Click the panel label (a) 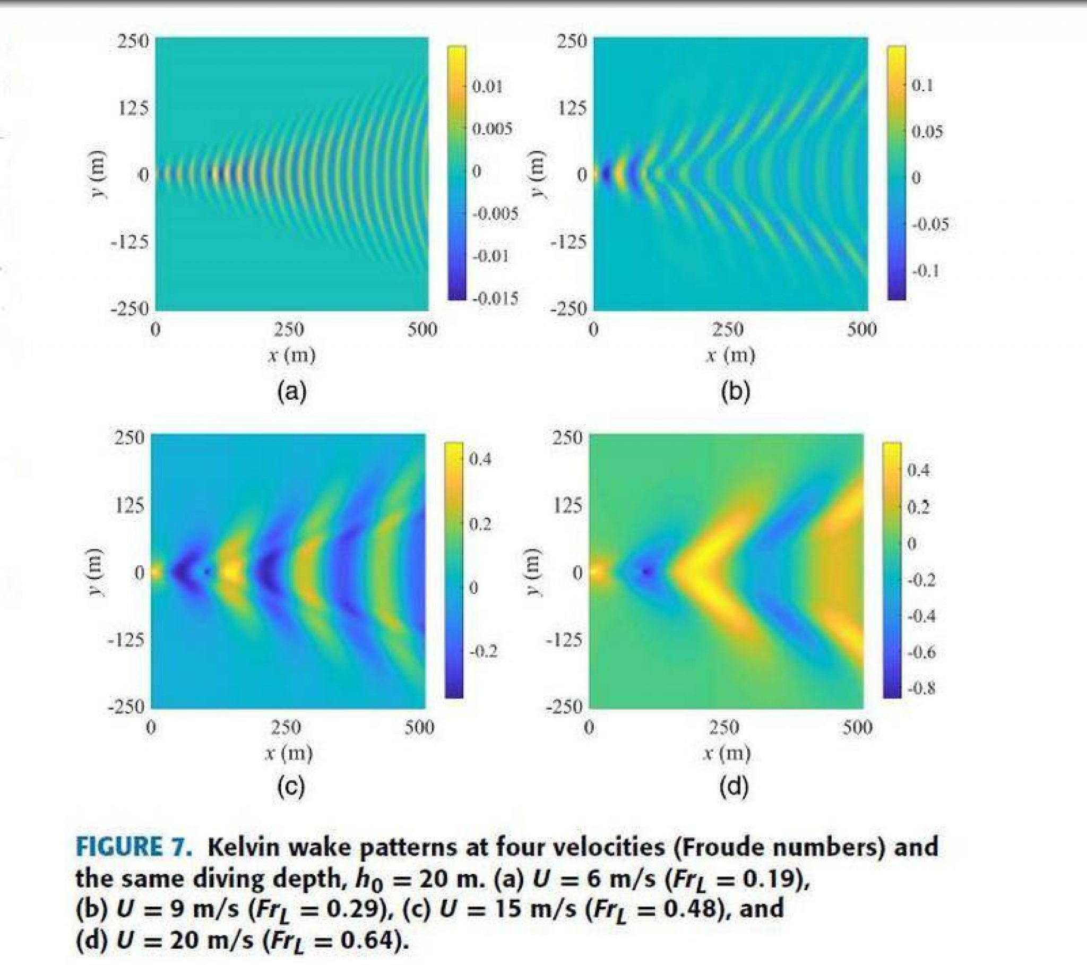click(x=291, y=392)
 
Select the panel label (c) click(x=290, y=787)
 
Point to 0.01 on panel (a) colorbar click(x=488, y=86)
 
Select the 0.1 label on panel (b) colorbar click(x=922, y=85)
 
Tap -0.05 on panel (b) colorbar click(x=930, y=223)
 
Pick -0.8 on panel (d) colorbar click(x=921, y=688)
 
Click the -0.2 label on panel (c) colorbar click(x=483, y=652)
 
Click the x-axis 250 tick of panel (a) click(x=289, y=330)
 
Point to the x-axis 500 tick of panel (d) click(x=857, y=727)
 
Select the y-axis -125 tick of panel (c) click(x=126, y=640)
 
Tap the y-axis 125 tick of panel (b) click(x=572, y=108)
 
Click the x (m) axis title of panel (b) click(x=730, y=355)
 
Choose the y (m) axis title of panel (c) click(x=97, y=572)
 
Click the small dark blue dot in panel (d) click(x=646, y=572)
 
